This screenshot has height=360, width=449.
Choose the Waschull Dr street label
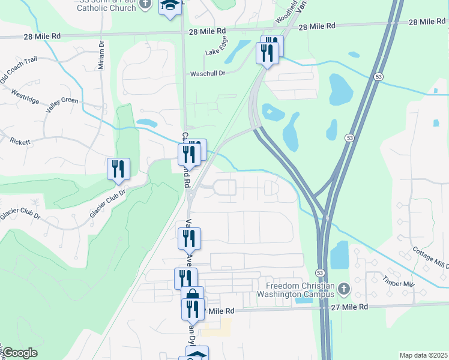[207, 73]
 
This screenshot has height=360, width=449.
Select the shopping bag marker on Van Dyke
[192, 296]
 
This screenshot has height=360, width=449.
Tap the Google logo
[19, 353]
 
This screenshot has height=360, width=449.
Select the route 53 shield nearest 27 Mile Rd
[321, 273]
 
